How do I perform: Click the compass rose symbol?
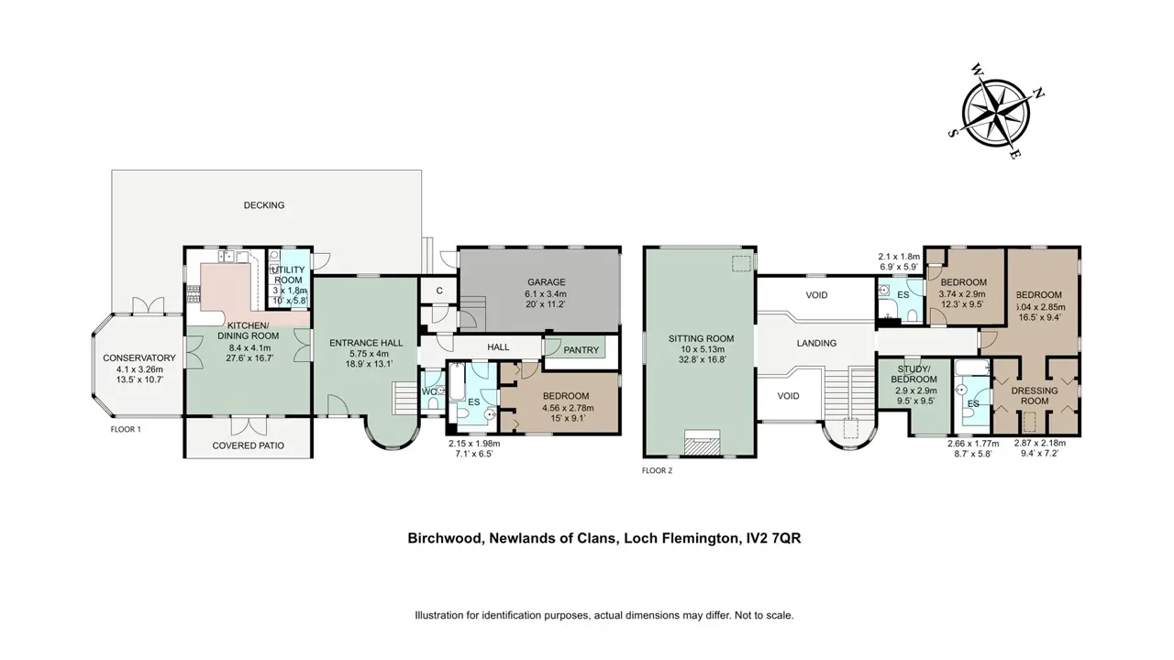pos(995,113)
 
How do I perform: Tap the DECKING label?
pos(264,205)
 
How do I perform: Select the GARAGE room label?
pos(546,281)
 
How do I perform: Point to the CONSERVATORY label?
pos(138,357)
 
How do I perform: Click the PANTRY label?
pos(581,350)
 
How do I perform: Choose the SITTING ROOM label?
pos(701,338)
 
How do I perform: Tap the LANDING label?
pos(816,343)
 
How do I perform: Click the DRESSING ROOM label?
pos(1035,395)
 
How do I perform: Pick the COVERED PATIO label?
pos(249,445)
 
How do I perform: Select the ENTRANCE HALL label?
pos(366,343)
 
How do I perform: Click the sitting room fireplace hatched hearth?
pos(702,445)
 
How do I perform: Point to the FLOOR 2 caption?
pos(658,470)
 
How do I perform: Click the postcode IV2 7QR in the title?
pos(773,538)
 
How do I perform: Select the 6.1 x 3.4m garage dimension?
pos(546,294)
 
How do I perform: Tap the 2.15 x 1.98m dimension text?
pos(474,443)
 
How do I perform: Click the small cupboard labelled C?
pos(439,291)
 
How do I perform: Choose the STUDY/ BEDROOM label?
pos(914,374)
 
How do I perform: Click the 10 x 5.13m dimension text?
pos(701,349)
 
